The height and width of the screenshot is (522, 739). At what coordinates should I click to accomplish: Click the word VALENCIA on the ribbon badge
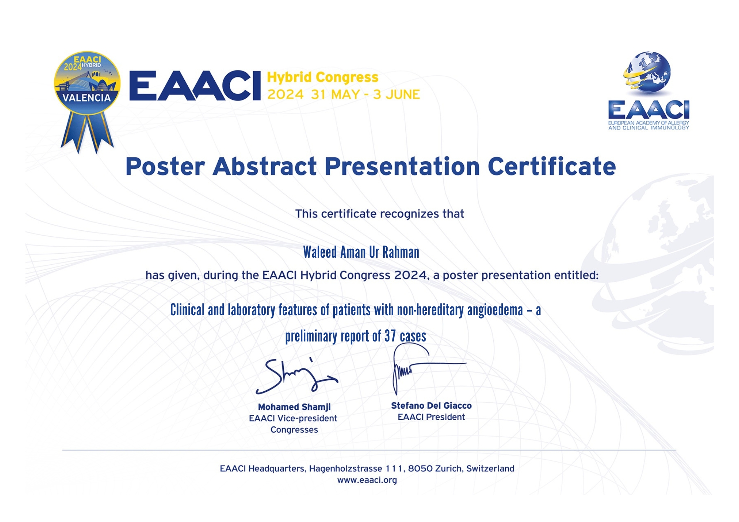coord(87,98)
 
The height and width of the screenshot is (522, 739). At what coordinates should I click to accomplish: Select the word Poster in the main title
coord(165,166)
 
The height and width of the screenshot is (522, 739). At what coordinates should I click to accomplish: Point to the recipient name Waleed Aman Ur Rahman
coord(361,253)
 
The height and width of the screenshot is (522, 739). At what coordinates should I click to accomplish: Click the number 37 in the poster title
coord(390,336)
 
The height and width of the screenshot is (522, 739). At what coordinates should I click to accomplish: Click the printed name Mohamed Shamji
coord(294,407)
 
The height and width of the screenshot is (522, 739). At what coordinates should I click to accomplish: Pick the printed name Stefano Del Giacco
coord(431,406)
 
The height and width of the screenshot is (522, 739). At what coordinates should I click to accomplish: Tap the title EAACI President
coord(431,417)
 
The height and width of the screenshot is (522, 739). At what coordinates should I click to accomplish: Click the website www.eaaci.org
coord(367,480)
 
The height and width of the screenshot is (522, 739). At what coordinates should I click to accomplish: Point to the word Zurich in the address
coord(449,468)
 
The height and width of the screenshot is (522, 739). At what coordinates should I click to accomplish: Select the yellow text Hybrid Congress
coord(323,78)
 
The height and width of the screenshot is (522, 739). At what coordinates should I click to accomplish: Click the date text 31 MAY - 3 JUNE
coord(365,95)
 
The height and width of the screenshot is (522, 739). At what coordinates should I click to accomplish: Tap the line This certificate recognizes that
coord(379,214)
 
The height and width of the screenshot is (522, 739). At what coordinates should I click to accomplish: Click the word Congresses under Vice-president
coord(294,430)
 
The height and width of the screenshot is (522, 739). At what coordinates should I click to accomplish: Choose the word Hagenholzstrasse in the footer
coord(345,468)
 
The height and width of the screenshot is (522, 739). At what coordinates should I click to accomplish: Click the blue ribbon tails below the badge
coord(87,132)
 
